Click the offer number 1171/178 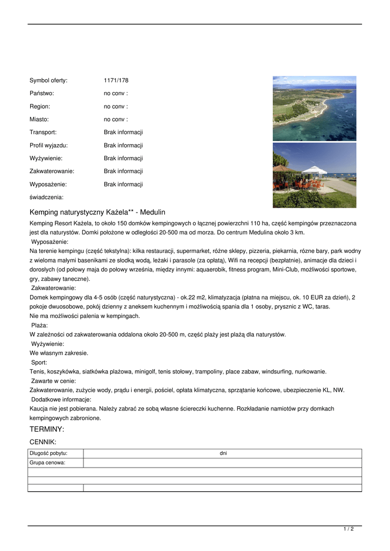116,81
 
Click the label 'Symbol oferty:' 48,81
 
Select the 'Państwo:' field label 42,94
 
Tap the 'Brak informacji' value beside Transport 123,132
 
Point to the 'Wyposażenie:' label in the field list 48,184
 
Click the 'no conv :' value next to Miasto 116,119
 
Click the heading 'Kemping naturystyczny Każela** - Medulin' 97,212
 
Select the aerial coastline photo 314,108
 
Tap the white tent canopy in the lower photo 315,171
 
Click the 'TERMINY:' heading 47,429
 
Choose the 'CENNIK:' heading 43,442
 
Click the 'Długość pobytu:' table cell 48,453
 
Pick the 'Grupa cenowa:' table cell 47,462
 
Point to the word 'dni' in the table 223,453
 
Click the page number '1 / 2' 349,529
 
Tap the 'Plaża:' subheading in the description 40,325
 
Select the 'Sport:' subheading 39,362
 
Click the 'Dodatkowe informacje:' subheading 61,399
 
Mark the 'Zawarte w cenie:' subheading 54,381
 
